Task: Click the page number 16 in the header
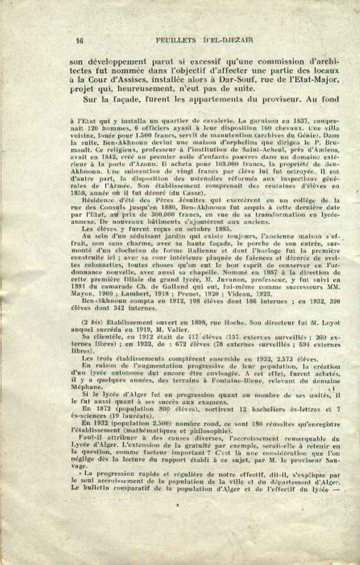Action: click(79, 41)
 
